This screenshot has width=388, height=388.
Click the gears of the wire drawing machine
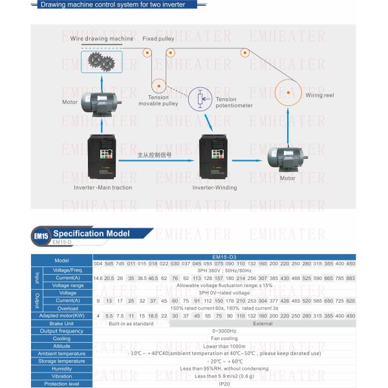tap(100, 63)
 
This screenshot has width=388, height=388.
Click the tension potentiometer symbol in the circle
tap(200, 99)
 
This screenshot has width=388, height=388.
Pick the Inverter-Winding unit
tap(214, 157)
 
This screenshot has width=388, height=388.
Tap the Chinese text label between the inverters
tap(155, 155)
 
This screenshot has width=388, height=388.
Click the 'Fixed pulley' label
tap(158, 39)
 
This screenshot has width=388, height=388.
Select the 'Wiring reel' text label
tap(319, 95)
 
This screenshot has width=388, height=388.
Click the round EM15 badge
tap(41, 236)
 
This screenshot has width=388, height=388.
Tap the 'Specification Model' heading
tap(91, 233)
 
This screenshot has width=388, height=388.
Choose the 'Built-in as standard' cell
tap(131, 323)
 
